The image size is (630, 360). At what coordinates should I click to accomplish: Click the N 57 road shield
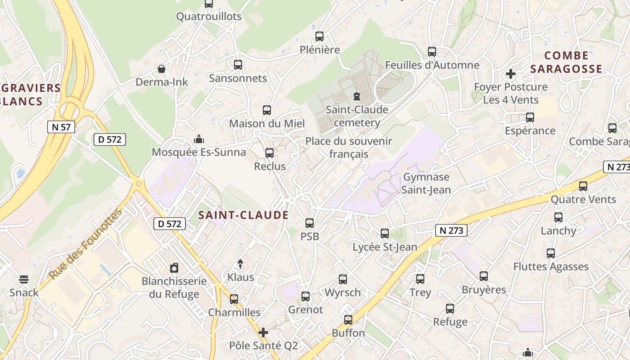coord(61,127)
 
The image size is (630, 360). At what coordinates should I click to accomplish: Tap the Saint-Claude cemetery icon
coord(357,96)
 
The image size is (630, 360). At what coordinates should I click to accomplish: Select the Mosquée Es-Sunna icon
coord(198,139)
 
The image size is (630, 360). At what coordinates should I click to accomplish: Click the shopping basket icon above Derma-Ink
coord(162,69)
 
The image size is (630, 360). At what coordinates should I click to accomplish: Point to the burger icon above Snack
coord(24,279)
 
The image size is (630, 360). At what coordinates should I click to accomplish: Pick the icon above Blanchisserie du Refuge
coord(174,268)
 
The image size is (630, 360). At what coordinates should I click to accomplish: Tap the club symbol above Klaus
coord(240,264)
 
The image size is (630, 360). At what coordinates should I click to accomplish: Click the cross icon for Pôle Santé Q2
coord(263,333)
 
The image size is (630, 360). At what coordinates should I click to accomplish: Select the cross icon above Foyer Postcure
coord(510,73)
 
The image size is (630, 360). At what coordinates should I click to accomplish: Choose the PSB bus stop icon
coord(310,223)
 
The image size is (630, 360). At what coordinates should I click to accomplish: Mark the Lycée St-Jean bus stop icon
coord(385,233)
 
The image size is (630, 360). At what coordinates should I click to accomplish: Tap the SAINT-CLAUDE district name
coord(243,215)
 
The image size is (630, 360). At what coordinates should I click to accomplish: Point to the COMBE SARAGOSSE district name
coord(566,62)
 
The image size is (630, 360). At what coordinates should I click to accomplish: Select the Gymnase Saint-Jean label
coord(426,183)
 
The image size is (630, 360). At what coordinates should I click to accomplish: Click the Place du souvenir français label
coord(349,148)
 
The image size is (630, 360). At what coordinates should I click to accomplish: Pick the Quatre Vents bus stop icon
coord(583,186)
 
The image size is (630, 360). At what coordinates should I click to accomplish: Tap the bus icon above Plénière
coord(319,36)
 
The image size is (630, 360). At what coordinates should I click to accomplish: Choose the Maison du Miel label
coord(267,123)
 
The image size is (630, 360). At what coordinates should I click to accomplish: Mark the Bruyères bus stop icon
coord(484,276)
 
